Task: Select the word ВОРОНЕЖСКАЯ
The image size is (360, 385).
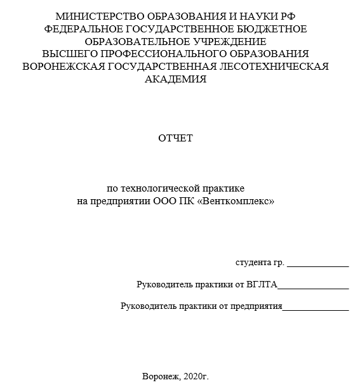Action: click(65, 67)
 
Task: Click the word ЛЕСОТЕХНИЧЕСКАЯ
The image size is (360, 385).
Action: click(275, 67)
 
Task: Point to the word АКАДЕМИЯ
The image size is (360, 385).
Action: click(176, 79)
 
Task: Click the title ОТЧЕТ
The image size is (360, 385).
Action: click(176, 138)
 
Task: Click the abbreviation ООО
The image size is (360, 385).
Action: click(166, 201)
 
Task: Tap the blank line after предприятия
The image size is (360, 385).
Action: click(316, 309)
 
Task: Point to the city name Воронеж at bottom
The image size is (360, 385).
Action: click(161, 376)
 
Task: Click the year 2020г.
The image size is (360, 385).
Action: click(196, 376)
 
